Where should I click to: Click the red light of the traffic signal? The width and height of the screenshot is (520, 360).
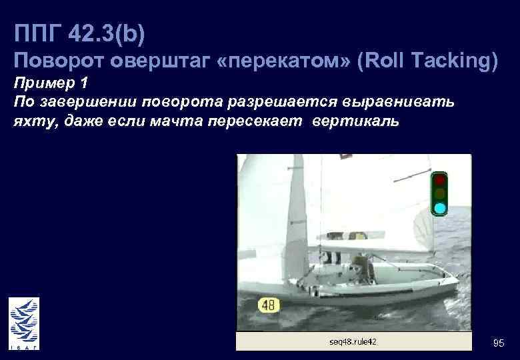pyautogui.click(x=440, y=180)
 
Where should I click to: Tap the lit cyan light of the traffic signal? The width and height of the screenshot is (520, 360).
pyautogui.click(x=440, y=209)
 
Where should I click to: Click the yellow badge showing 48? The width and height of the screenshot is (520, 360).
pyautogui.click(x=269, y=305)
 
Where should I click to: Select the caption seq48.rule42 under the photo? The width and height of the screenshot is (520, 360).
pyautogui.click(x=353, y=341)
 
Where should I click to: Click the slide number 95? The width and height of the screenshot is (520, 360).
pyautogui.click(x=498, y=343)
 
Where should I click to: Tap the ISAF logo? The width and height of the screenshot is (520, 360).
pyautogui.click(x=23, y=323)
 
